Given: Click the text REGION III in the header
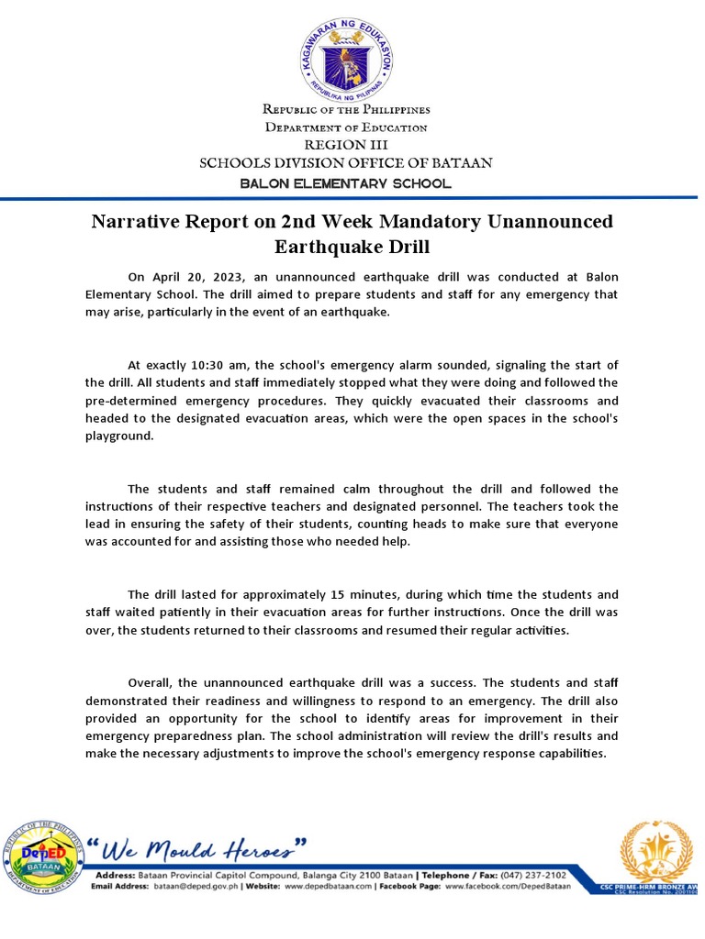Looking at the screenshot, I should [346, 145].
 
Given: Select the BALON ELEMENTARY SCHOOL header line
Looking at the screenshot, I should [346, 183].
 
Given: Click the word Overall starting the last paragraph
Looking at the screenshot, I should [150, 683].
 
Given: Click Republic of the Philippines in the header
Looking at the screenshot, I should [346, 110].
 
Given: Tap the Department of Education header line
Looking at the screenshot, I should [346, 127].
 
